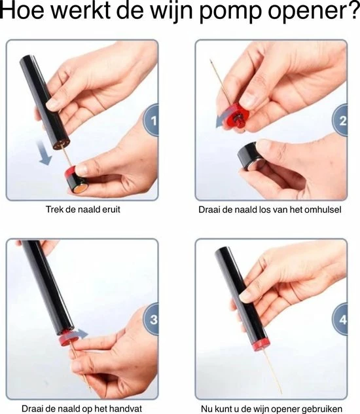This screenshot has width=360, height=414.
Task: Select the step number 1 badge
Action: coord(153,121)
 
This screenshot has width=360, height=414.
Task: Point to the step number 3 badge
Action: coord(153,320)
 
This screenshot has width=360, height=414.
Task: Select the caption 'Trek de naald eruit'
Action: coord(81,210)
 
